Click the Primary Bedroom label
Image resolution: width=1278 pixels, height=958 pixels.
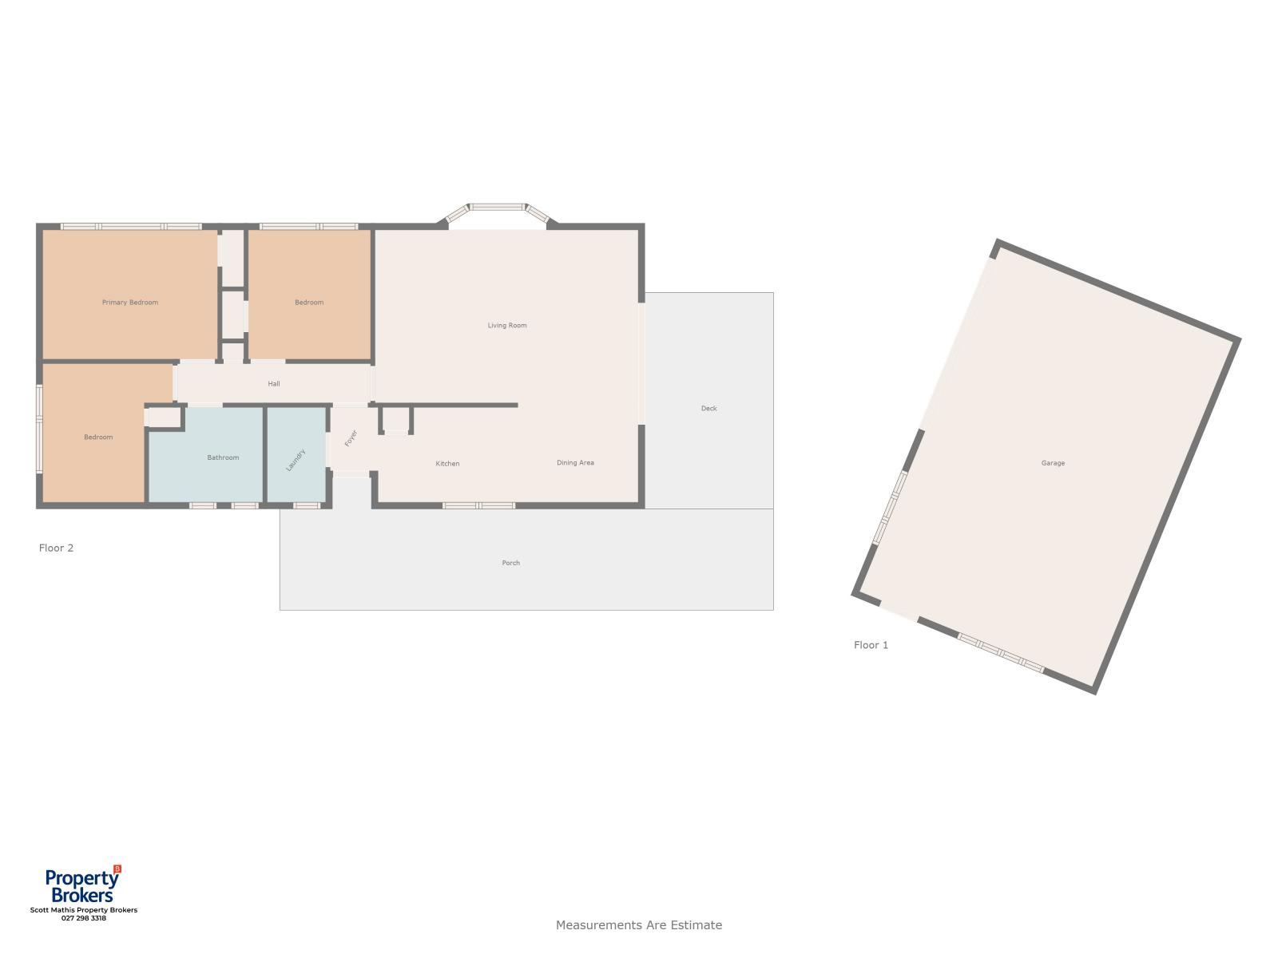click(x=130, y=303)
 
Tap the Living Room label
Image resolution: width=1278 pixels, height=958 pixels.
click(x=507, y=326)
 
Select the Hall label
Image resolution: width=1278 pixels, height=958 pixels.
click(x=274, y=384)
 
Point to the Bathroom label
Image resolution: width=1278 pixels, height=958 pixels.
click(x=223, y=457)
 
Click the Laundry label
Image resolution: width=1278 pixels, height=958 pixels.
click(x=296, y=460)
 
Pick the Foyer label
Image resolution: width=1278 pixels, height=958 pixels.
click(x=351, y=438)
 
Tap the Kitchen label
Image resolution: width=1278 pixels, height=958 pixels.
click(x=448, y=464)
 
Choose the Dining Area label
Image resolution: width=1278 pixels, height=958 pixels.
click(x=575, y=463)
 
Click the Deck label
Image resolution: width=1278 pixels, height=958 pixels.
click(x=708, y=408)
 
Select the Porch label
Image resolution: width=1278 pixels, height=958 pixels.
click(x=510, y=563)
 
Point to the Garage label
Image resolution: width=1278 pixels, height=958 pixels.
click(x=1053, y=464)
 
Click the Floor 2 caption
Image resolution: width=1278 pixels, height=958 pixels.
click(x=56, y=548)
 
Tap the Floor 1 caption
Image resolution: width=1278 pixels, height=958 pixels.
click(x=871, y=645)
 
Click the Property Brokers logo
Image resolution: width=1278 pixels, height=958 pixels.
click(x=83, y=885)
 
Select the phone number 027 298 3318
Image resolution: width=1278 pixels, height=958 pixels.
click(x=84, y=918)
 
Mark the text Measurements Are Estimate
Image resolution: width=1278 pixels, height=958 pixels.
click(x=639, y=924)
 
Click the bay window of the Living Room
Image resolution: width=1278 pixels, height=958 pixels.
click(x=498, y=208)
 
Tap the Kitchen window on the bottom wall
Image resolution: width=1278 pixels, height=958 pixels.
click(x=478, y=505)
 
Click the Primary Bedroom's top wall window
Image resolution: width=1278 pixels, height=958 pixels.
click(x=132, y=226)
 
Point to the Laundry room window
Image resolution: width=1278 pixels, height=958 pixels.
click(x=306, y=505)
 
